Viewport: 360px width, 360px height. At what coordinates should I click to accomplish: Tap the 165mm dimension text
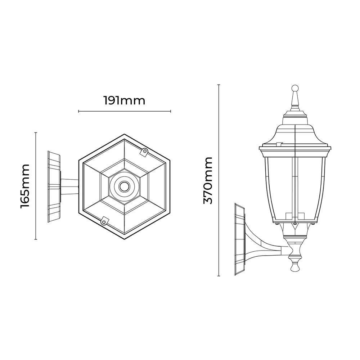tap(25, 186)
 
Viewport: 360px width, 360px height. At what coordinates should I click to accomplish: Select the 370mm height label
tap(208, 180)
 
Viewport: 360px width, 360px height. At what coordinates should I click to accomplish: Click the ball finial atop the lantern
tap(295, 89)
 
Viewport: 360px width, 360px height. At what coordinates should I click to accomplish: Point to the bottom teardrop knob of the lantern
tap(295, 266)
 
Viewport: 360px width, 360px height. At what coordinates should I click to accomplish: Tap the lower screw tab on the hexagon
tap(104, 221)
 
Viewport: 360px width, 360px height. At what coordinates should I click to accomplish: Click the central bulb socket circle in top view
tap(125, 186)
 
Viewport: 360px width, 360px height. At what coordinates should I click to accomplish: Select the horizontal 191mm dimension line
tap(125, 111)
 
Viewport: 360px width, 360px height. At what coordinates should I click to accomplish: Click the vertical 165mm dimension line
tap(36, 186)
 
